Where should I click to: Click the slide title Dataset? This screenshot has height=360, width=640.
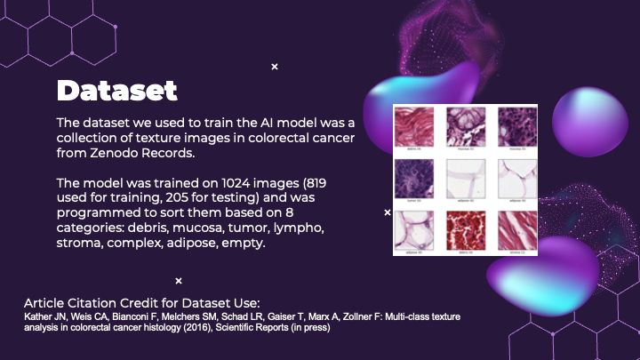tap(116, 91)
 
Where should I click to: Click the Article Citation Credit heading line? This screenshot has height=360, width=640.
tap(140, 301)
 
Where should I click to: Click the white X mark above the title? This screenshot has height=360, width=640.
tap(275, 67)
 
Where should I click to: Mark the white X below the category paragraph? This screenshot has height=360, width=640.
tap(179, 281)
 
